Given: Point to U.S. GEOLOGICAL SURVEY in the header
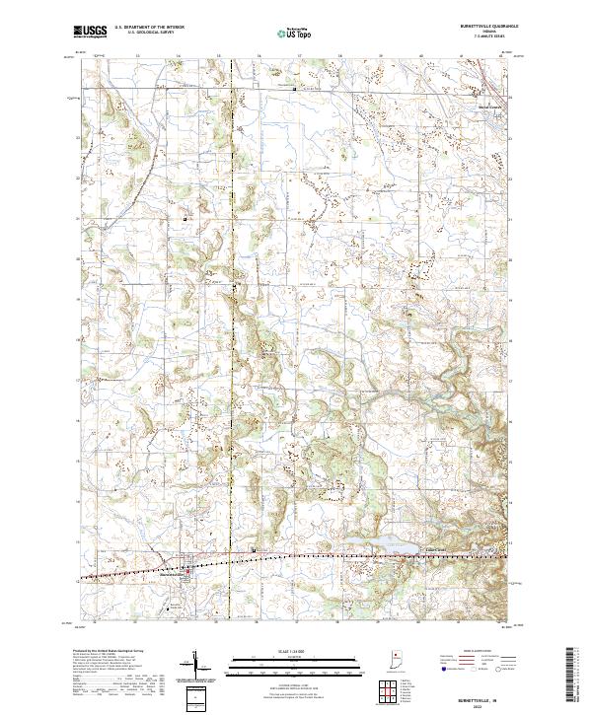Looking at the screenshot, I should pyautogui.click(x=144, y=34).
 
